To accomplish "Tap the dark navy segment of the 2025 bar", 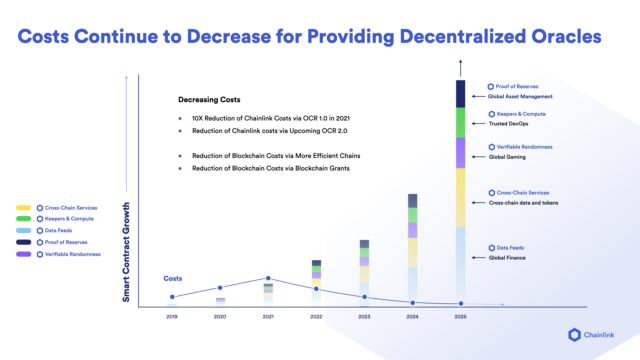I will tap(460, 93).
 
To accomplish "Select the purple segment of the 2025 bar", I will tap(460, 152).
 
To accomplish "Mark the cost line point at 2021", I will tap(268, 277).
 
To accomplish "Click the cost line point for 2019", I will tap(172, 297).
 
